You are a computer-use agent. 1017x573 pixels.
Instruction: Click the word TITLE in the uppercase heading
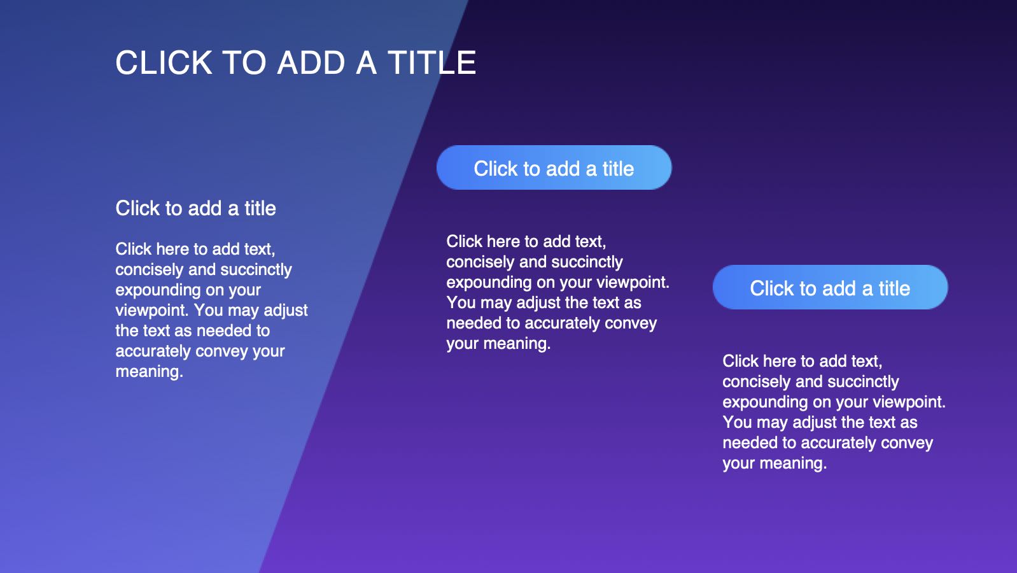point(431,62)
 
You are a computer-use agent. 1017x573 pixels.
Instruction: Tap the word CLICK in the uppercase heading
point(164,62)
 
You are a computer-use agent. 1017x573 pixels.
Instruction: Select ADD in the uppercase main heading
point(311,62)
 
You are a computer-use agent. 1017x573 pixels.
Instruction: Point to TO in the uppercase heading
point(245,62)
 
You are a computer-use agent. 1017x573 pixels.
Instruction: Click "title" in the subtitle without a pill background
point(260,208)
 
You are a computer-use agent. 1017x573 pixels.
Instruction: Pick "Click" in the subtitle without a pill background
point(137,208)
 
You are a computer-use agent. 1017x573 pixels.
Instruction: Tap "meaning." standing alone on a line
point(150,372)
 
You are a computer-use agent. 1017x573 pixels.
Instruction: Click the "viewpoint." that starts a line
point(151,311)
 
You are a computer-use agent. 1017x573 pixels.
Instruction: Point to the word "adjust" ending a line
point(286,311)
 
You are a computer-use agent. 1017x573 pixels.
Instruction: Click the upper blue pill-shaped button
point(554,167)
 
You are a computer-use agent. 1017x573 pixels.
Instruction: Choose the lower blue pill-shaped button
point(831,287)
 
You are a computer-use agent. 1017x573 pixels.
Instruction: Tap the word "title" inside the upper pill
point(618,169)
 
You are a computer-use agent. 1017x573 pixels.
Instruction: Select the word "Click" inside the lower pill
point(772,289)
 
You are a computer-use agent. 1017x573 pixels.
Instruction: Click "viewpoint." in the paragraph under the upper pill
point(633,283)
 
